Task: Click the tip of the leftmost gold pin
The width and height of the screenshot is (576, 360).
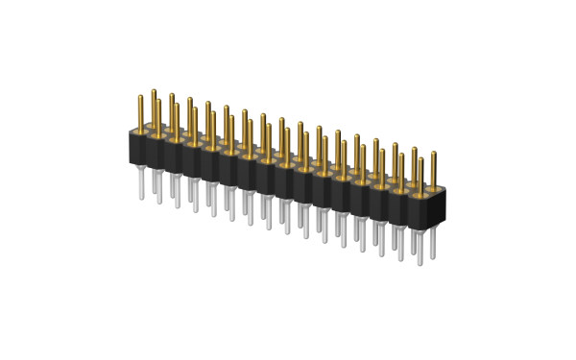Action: [x=136, y=94]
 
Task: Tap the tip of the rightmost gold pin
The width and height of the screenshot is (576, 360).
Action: [x=434, y=154]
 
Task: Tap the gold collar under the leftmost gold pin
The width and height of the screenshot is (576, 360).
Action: [x=137, y=130]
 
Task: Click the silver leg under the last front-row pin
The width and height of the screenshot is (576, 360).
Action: [x=419, y=245]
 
